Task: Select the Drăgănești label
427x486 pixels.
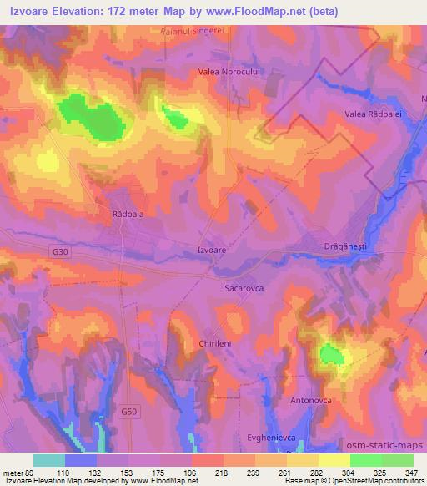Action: (x=345, y=246)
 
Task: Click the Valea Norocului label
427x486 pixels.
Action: (x=230, y=72)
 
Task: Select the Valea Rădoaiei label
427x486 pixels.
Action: (x=374, y=114)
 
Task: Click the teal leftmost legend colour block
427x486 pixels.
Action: (x=49, y=460)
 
